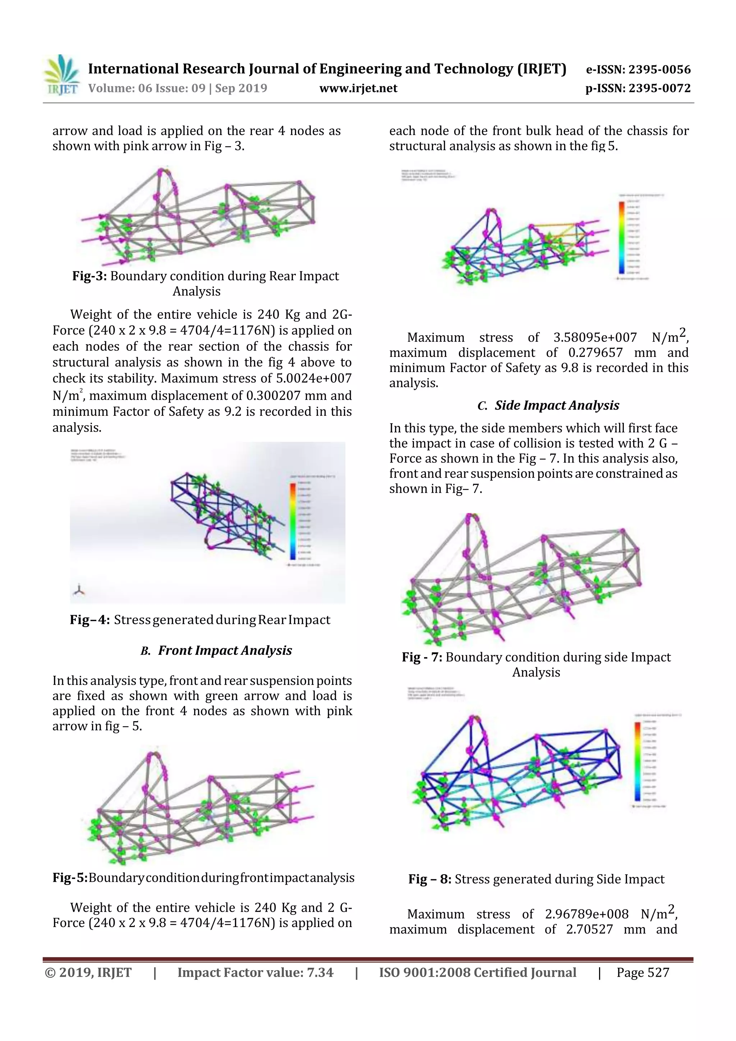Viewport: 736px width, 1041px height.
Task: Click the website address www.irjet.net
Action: pos(358,88)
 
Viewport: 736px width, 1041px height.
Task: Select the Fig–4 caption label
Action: pos(89,620)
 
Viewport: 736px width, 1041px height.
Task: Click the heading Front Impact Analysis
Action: pos(225,651)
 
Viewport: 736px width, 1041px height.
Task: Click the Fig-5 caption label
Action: pos(70,878)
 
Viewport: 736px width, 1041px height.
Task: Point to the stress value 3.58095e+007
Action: pos(595,338)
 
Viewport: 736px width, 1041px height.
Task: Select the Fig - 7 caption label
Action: pos(422,658)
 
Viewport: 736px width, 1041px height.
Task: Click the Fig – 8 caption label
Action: pos(429,880)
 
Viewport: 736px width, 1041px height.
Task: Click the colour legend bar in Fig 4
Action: pos(293,521)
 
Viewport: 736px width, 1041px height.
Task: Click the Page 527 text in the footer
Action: pos(643,972)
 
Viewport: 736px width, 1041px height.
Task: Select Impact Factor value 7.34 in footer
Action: pos(255,972)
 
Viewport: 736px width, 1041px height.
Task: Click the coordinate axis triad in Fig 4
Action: pos(79,590)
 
